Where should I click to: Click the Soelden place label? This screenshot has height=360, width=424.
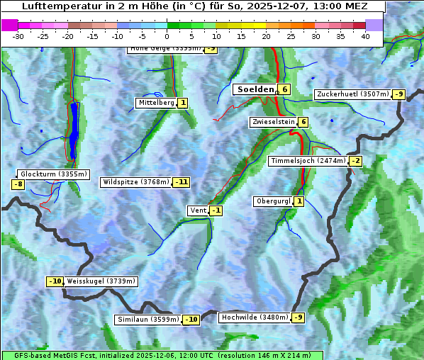[x=255, y=89]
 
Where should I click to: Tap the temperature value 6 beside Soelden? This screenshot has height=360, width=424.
[x=284, y=89]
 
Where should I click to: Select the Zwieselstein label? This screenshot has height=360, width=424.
[x=273, y=122]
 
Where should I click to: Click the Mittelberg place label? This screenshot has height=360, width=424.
[x=156, y=103]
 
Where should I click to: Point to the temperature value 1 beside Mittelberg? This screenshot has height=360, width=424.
[x=183, y=103]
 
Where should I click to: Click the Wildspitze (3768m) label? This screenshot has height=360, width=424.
[x=135, y=182]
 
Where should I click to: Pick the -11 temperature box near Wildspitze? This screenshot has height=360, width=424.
[x=182, y=182]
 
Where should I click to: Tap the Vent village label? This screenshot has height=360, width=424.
[x=198, y=210]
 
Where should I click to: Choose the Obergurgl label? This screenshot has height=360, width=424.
[x=273, y=201]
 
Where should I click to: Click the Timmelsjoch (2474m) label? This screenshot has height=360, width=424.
[x=308, y=161]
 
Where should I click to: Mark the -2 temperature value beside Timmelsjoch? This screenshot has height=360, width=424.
[x=355, y=161]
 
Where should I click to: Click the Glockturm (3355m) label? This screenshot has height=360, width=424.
[x=54, y=174]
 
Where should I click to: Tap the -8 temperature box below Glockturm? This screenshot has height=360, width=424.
[x=18, y=184]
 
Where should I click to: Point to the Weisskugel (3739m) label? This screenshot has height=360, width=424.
[x=101, y=281]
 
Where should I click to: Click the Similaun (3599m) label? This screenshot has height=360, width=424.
[x=148, y=320]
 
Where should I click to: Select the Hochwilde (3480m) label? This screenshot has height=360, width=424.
[x=254, y=317]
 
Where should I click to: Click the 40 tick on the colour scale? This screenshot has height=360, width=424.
[x=365, y=36]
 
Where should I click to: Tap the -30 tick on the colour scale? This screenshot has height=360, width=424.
[x=18, y=36]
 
